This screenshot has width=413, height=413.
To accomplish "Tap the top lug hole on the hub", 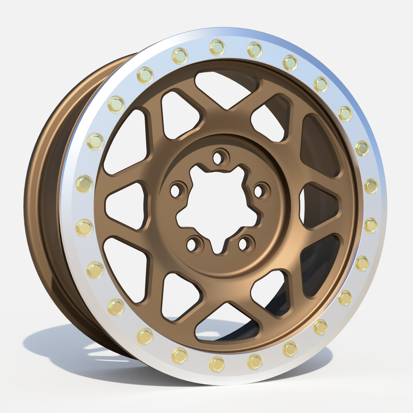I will [x=220, y=156].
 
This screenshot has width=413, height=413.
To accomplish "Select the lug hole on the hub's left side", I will [x=177, y=191].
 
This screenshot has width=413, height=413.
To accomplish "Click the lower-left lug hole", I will [x=193, y=243].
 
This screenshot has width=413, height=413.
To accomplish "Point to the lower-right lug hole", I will [x=246, y=242].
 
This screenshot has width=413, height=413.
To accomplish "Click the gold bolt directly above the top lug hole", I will [x=217, y=47].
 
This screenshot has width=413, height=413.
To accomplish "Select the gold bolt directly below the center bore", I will [x=217, y=363].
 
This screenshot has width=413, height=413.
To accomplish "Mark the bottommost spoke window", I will [x=222, y=323].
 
